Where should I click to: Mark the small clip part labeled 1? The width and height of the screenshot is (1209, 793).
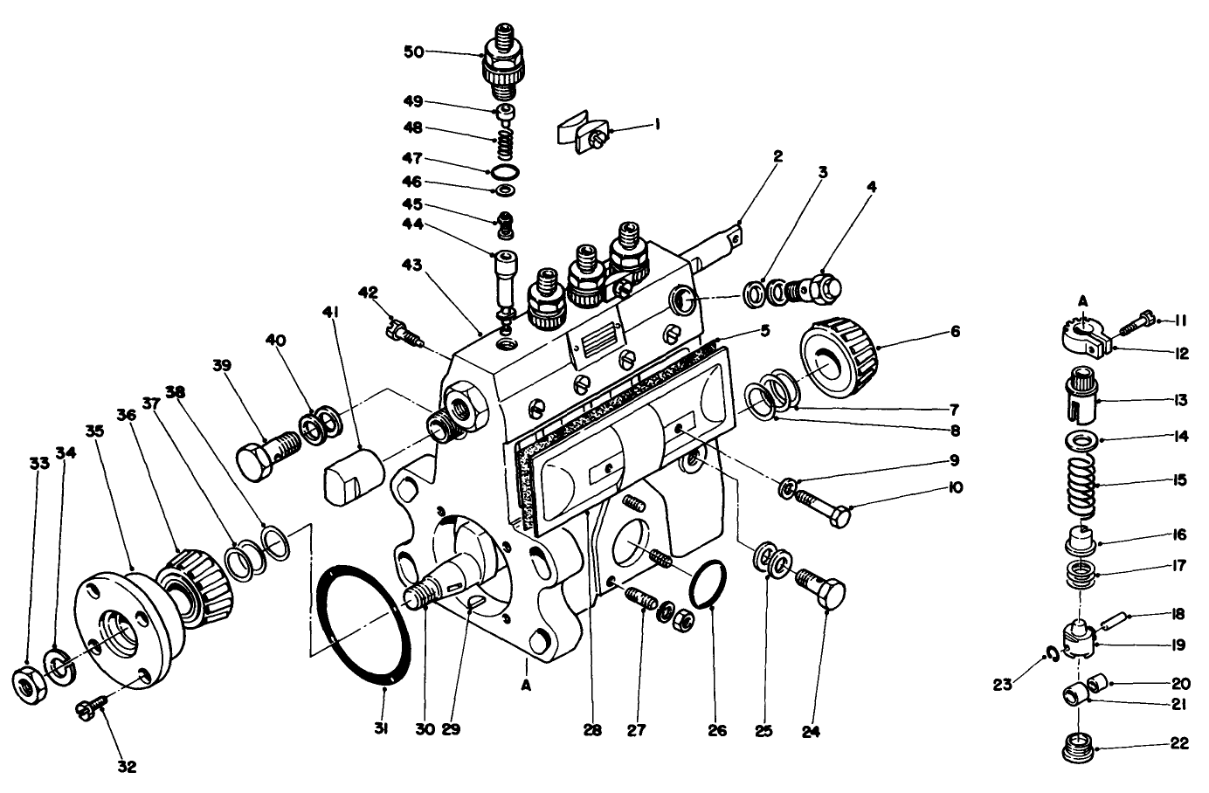point(584,131)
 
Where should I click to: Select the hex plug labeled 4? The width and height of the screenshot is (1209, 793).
point(820,286)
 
